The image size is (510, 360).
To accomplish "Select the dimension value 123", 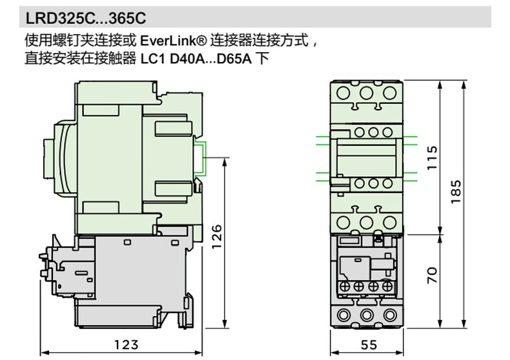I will (127, 345).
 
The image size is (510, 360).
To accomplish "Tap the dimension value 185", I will (456, 192).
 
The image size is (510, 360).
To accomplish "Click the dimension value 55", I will (367, 345).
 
